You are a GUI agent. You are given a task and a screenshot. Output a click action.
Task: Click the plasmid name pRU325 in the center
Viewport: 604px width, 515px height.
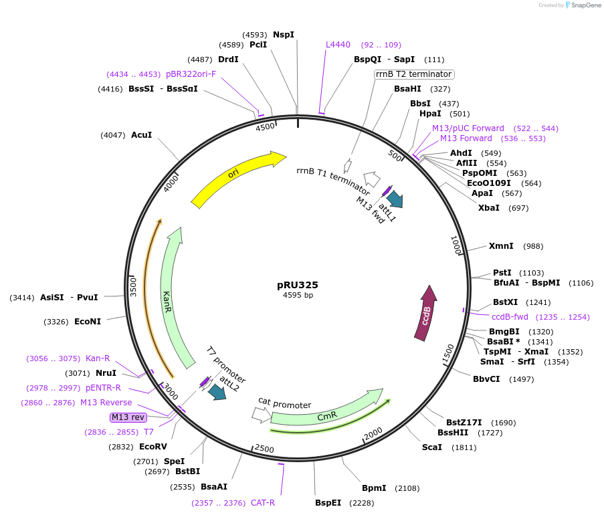298,284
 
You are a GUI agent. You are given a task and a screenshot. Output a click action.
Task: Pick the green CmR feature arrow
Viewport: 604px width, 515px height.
326,415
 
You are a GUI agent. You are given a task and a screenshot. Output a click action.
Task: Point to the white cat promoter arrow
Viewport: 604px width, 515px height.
260,415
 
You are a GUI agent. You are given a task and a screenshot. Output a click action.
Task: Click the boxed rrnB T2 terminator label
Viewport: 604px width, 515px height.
414,74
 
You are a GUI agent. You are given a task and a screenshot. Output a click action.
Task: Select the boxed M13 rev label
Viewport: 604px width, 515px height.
128,417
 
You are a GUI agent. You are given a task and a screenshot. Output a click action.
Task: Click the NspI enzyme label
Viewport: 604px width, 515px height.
284,35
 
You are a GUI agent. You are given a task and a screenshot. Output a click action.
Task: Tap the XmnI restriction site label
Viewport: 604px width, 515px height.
501,246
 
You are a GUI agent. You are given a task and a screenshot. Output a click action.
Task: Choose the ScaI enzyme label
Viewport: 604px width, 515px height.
431,447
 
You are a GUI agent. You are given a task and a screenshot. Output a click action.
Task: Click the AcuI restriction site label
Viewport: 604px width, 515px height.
141,135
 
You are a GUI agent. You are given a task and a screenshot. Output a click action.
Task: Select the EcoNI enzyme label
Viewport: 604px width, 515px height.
88,322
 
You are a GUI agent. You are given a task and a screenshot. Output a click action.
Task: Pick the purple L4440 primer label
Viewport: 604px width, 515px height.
338,45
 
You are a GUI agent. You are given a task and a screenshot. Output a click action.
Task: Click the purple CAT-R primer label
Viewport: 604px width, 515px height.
263,503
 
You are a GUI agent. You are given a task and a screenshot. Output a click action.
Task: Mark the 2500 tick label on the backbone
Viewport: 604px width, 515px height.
264,449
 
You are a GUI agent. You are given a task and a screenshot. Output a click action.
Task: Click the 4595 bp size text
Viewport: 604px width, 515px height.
298,295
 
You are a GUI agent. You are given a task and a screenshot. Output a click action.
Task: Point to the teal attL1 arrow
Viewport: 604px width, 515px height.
395,199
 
